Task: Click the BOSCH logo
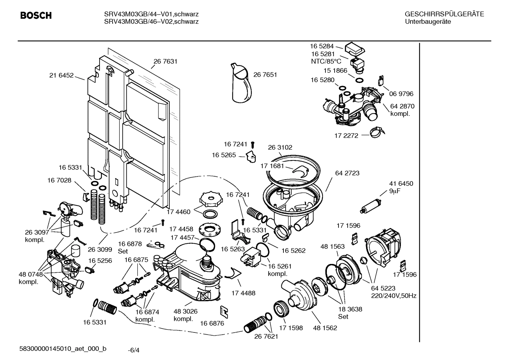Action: click(36, 16)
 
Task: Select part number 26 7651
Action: click(265, 75)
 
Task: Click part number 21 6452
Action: click(61, 75)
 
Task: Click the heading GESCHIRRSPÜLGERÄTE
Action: click(444, 14)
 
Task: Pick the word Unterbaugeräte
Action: click(428, 22)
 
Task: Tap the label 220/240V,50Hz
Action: click(394, 296)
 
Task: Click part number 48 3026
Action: click(185, 311)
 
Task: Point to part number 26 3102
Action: click(280, 147)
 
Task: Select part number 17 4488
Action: click(243, 293)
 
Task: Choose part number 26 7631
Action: click(165, 61)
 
